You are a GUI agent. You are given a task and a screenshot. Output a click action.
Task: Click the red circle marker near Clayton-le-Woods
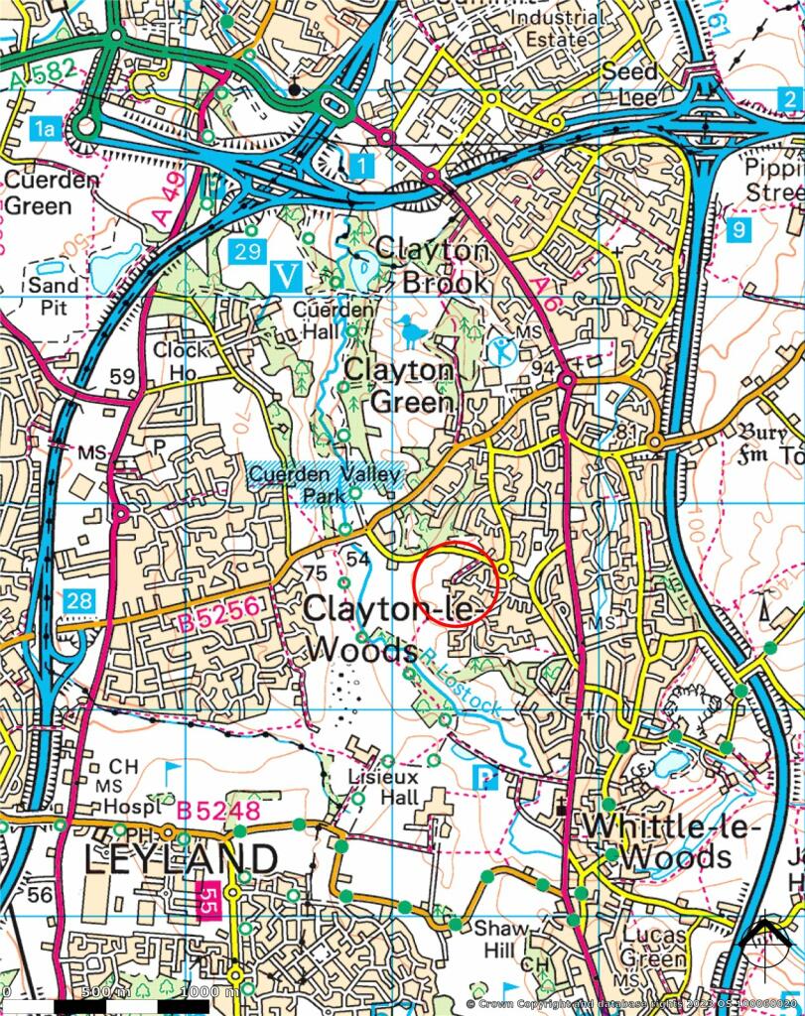(455, 582)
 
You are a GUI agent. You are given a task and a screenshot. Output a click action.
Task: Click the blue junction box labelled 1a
(45, 127)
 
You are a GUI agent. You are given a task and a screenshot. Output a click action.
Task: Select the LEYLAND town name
(180, 859)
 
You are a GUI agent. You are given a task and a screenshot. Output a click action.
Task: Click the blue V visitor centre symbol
(287, 276)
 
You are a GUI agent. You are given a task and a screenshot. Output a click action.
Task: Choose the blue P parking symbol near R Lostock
(484, 778)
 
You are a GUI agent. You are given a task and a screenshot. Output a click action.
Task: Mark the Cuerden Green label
(52, 193)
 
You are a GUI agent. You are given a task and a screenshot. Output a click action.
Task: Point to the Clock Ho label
(182, 360)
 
